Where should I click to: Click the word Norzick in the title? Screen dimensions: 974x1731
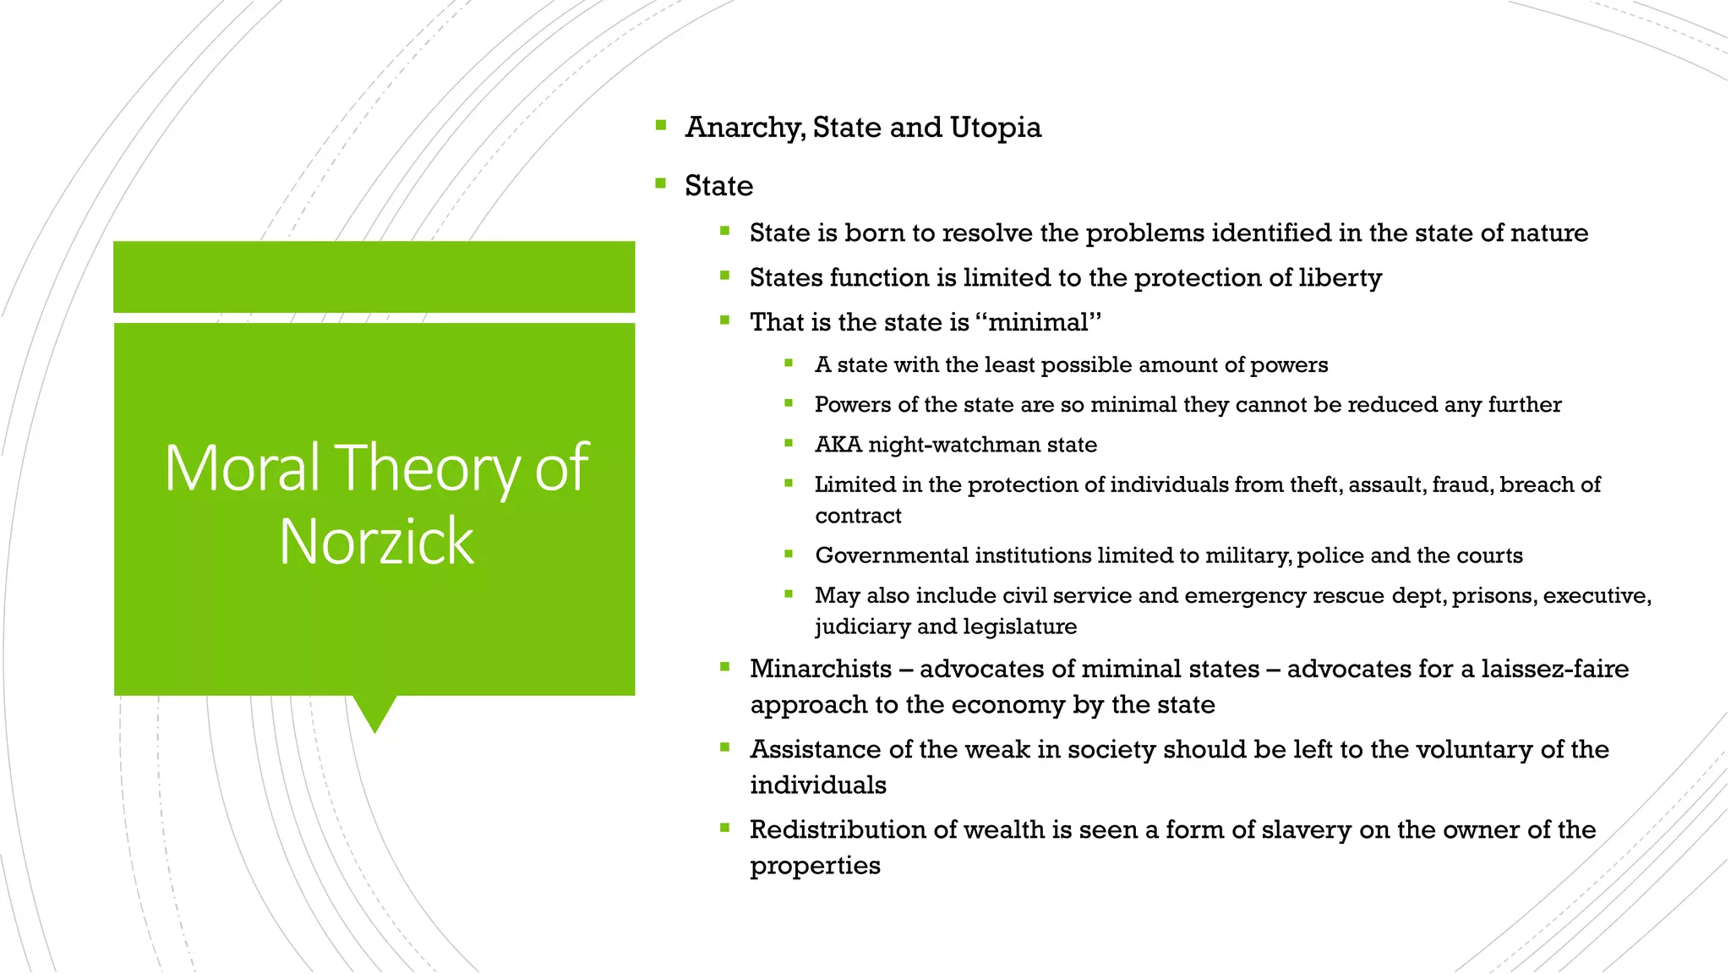click(x=376, y=541)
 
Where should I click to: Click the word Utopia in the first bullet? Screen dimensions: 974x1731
click(x=996, y=127)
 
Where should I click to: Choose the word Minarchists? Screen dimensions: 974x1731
click(x=821, y=669)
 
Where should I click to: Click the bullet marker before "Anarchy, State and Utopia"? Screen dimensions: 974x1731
click(x=661, y=126)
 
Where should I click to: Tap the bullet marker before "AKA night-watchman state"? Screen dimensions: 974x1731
click(x=789, y=443)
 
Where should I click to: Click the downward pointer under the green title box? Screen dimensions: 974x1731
click(x=374, y=713)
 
